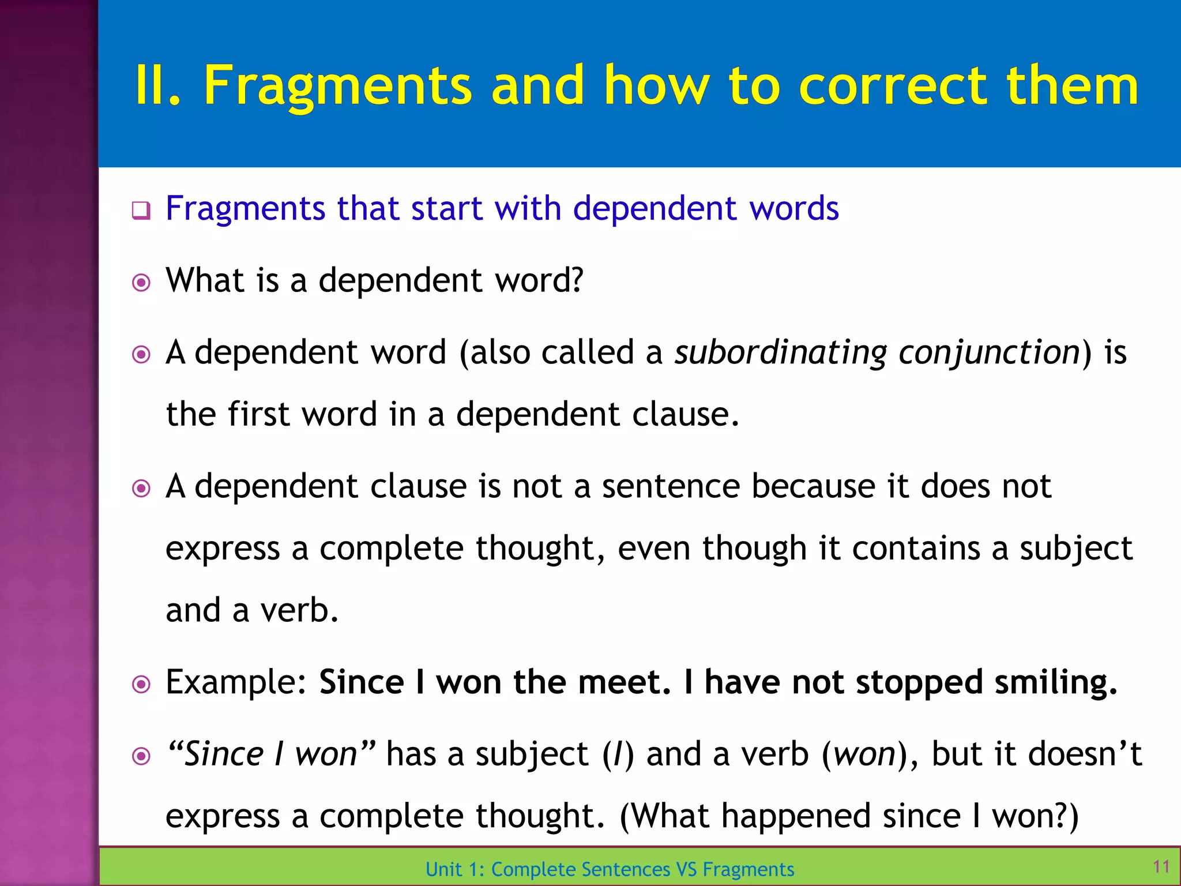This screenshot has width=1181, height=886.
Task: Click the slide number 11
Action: [x=1161, y=866]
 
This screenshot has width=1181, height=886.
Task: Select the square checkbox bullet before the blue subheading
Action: [x=141, y=210]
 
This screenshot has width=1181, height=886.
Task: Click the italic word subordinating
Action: [x=781, y=353]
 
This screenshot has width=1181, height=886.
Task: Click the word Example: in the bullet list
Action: [x=236, y=682]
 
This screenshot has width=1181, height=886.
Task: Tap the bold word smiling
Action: [x=1056, y=682]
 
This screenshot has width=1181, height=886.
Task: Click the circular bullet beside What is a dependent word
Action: [x=141, y=283]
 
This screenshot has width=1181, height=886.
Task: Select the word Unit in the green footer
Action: [x=443, y=869]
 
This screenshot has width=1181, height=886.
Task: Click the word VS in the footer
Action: [x=686, y=869]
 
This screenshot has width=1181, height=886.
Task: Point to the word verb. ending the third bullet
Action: [x=299, y=610]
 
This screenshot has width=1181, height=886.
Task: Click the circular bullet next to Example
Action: [x=141, y=685]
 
